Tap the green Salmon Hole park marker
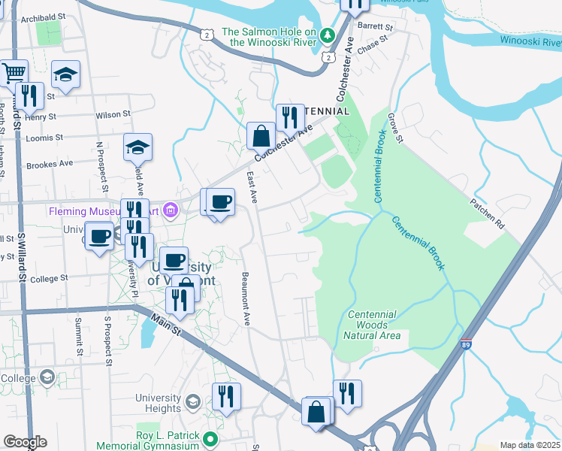pyautogui.click(x=328, y=35)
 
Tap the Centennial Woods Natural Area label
pyautogui.click(x=374, y=325)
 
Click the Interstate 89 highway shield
pyautogui.click(x=467, y=344)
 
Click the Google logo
pyautogui.click(x=25, y=442)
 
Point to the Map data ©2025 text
pyautogui.click(x=529, y=445)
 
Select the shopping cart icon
pyautogui.click(x=14, y=73)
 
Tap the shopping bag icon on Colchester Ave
pyautogui.click(x=261, y=136)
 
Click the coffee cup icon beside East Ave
pyautogui.click(x=220, y=201)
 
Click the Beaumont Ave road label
pyautogui.click(x=245, y=298)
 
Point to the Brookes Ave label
pyautogui.click(x=51, y=164)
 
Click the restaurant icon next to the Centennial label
pyautogui.click(x=287, y=117)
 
